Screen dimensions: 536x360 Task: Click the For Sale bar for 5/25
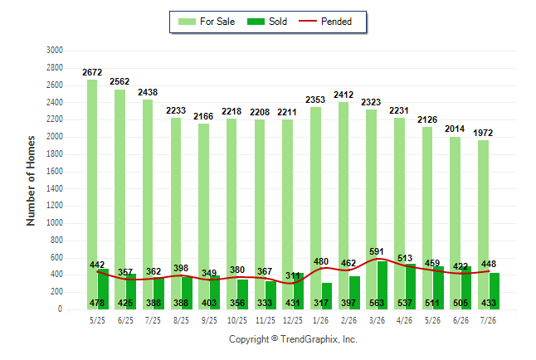pos(92,195)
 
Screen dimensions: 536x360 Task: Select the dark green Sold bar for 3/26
pos(383,285)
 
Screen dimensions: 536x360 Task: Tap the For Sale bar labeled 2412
pos(344,206)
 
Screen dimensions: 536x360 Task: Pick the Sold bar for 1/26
pos(326,296)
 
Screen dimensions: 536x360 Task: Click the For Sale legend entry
pos(207,22)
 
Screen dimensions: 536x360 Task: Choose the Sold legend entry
pos(267,22)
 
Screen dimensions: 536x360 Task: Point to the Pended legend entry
pos(325,22)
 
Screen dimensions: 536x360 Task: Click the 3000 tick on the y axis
pos(55,51)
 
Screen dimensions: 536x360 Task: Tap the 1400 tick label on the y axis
pos(55,188)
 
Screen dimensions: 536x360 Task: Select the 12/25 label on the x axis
pos(293,320)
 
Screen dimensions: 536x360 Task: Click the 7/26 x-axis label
pos(488,320)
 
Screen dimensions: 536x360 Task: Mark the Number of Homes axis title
pos(31,181)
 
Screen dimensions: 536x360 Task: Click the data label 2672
pos(92,72)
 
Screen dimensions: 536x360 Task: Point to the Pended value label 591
pos(377,251)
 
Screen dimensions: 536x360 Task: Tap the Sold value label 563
pos(377,303)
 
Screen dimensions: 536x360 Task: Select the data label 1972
pos(483,133)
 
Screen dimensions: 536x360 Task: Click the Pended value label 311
pos(293,275)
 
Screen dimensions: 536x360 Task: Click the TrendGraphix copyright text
pos(293,339)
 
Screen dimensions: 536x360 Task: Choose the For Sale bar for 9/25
pos(203,216)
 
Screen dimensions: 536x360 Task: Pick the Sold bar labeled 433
pos(494,291)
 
